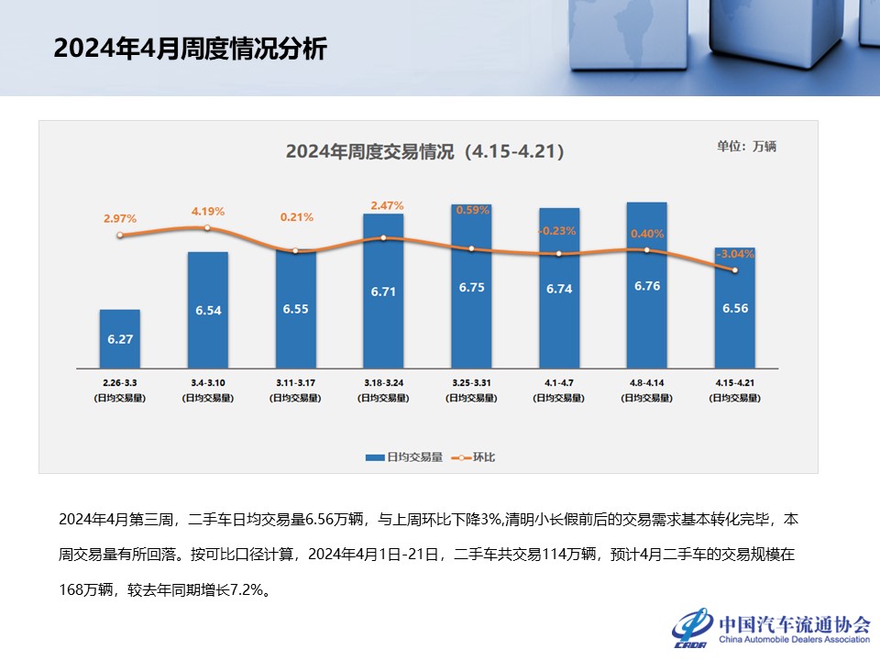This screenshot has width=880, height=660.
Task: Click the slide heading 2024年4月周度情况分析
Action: [190, 49]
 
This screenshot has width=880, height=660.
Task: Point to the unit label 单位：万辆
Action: [746, 146]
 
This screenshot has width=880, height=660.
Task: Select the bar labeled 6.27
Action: [120, 339]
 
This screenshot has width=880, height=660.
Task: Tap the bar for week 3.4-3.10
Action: [208, 310]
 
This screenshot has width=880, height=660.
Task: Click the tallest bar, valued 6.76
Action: [646, 285]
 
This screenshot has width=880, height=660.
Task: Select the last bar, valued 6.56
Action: [735, 308]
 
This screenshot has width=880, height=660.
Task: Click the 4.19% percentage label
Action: [208, 212]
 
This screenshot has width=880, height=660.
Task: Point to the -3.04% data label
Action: [736, 254]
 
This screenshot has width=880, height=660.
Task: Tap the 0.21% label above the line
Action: [296, 217]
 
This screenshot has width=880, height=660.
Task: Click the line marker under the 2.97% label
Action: [120, 236]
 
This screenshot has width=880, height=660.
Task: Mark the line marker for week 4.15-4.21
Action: [735, 270]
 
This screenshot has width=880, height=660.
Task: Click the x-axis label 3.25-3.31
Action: [471, 379]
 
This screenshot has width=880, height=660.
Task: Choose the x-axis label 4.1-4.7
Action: [559, 379]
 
